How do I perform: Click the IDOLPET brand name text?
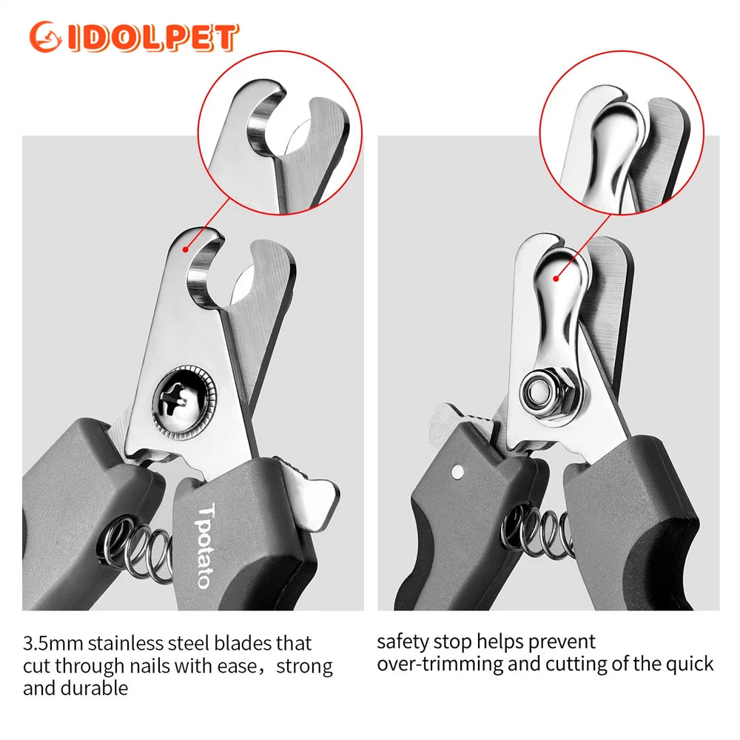[153, 37]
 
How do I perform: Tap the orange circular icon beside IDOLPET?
[45, 37]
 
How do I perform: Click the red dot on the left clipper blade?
[186, 249]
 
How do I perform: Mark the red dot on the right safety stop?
[556, 279]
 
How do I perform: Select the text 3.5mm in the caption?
[53, 643]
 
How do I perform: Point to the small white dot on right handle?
[457, 471]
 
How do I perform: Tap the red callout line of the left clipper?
[209, 223]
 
